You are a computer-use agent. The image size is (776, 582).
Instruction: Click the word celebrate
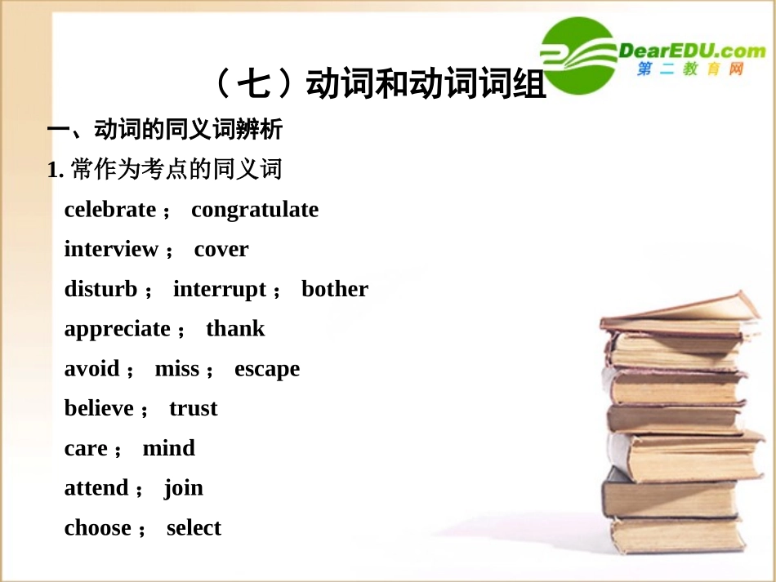(x=109, y=210)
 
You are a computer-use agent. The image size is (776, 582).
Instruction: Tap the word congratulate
(x=255, y=211)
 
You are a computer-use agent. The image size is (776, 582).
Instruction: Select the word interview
(x=111, y=249)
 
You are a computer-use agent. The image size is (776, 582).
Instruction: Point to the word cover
(x=221, y=250)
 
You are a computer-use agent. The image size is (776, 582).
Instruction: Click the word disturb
(x=100, y=289)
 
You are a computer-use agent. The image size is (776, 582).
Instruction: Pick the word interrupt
(x=220, y=290)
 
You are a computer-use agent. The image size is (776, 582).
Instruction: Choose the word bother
(x=335, y=289)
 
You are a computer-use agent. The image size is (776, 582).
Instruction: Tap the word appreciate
(x=118, y=330)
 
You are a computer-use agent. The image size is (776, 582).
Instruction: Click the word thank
(x=235, y=329)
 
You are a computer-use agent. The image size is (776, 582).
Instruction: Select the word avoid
(x=92, y=369)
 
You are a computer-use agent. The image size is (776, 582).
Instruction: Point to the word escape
(x=267, y=370)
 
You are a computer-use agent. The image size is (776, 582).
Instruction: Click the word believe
(x=99, y=408)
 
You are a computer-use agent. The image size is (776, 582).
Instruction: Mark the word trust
(x=194, y=409)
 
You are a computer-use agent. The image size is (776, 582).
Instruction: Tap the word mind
(x=169, y=448)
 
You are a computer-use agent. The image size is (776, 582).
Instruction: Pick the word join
(x=184, y=489)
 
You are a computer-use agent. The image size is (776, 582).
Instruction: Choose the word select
(x=194, y=528)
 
